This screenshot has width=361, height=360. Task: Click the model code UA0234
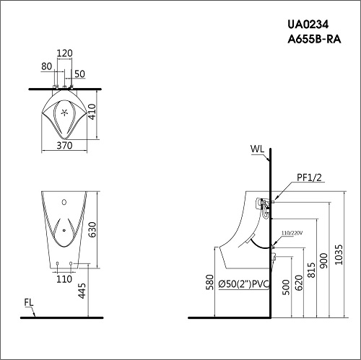click(x=308, y=25)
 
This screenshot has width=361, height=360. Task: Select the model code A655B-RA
click(x=314, y=39)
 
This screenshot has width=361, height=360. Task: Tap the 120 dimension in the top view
click(x=64, y=53)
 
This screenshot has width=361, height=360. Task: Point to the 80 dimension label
click(x=46, y=66)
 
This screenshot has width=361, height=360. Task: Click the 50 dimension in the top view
click(x=79, y=74)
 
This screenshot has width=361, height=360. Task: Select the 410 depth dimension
click(x=92, y=112)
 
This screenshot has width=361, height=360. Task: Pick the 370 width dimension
click(x=64, y=146)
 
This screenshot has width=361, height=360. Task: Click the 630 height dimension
click(x=92, y=229)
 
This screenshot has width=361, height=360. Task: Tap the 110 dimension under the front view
click(x=64, y=279)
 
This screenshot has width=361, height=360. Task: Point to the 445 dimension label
click(x=82, y=291)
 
